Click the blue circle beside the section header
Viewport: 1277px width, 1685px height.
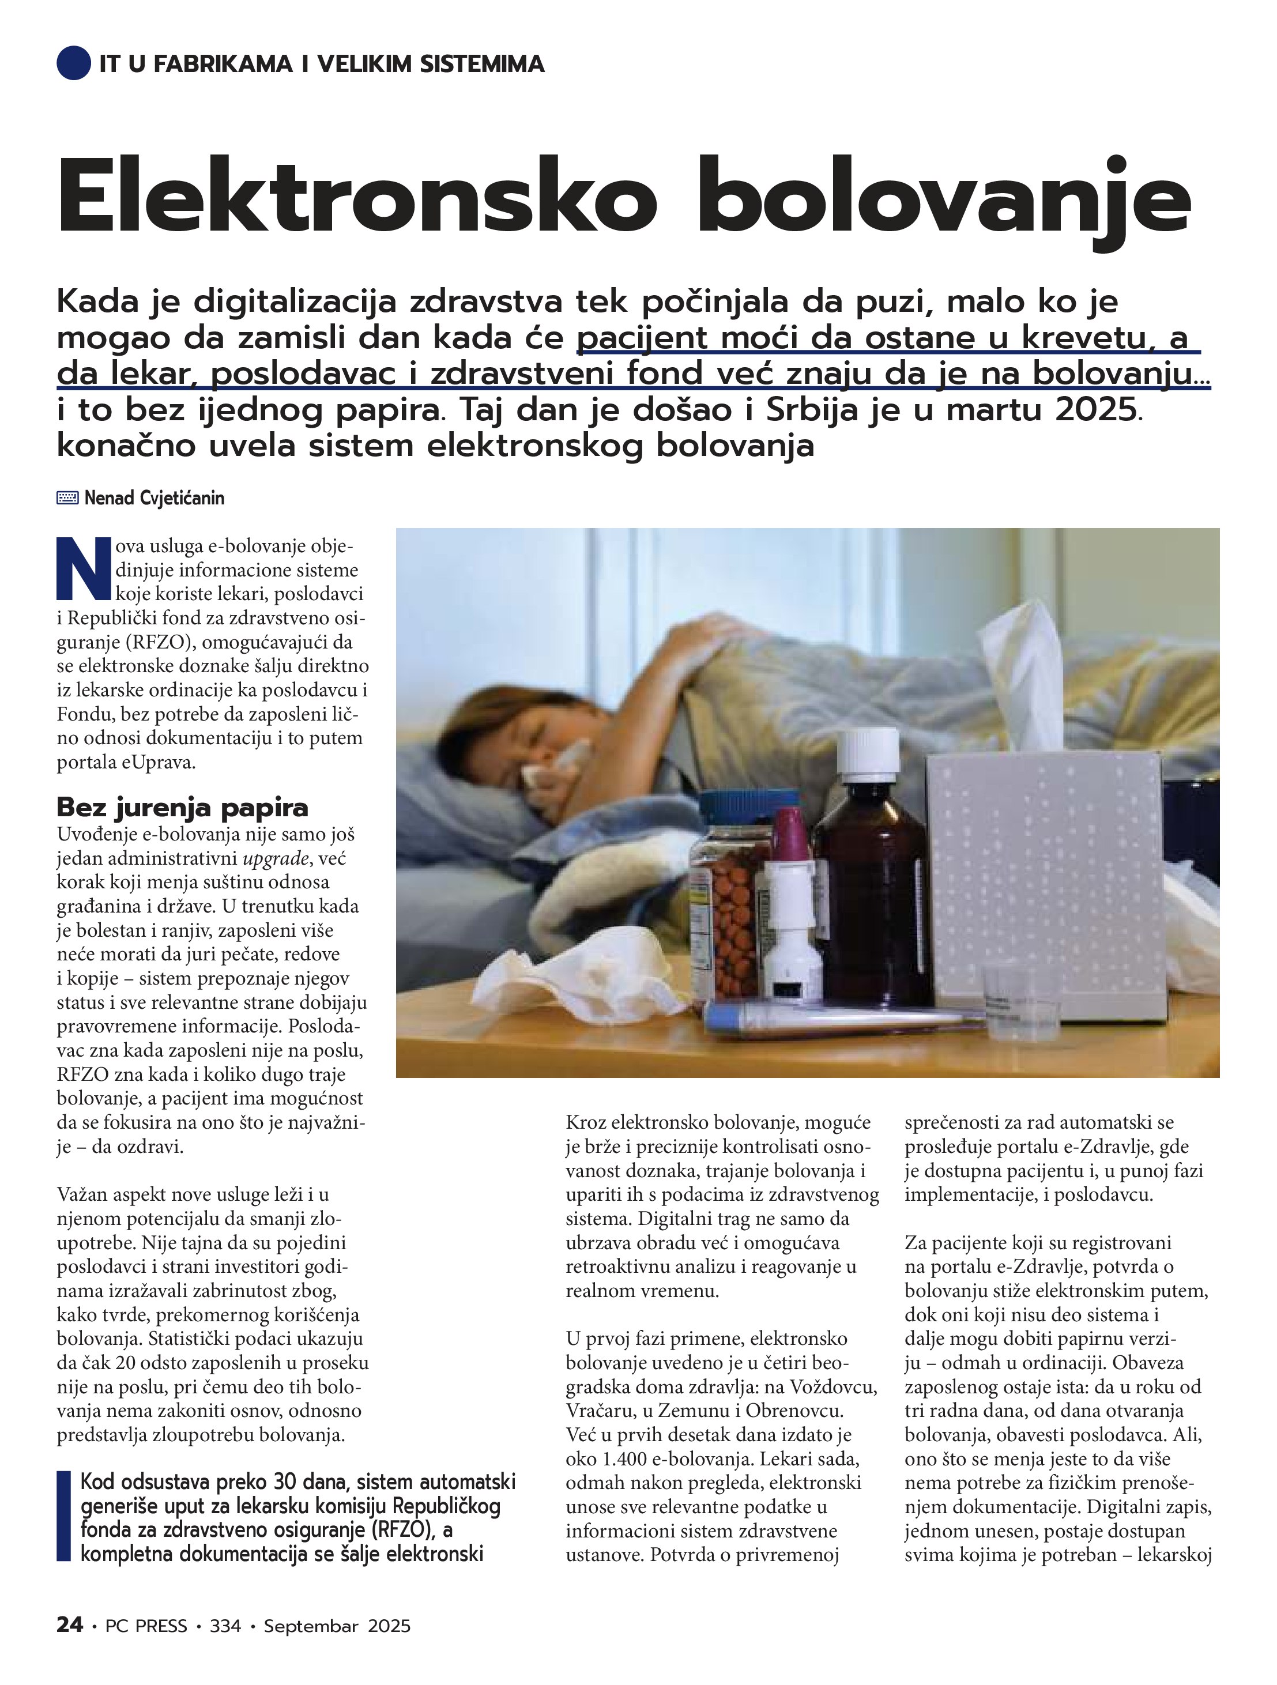point(73,63)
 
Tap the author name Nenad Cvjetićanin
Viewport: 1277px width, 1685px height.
point(154,498)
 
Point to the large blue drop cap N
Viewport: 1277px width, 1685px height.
point(84,567)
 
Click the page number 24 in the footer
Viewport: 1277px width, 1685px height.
point(69,1625)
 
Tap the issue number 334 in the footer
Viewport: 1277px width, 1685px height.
point(225,1626)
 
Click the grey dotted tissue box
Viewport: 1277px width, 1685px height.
point(1044,884)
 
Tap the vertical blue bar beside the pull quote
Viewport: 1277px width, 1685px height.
point(63,1517)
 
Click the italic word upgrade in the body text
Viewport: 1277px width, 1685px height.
point(276,858)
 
